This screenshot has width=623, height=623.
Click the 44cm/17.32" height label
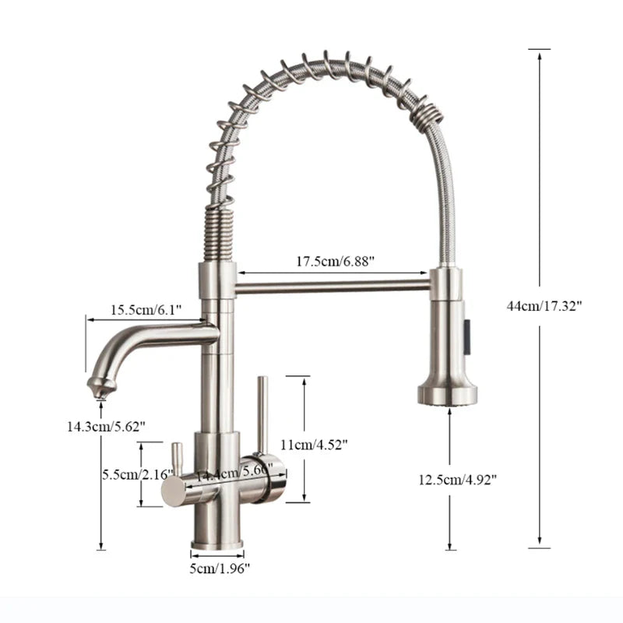(x=544, y=306)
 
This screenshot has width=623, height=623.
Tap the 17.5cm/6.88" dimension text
(x=335, y=262)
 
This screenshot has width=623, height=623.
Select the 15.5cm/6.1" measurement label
(x=146, y=310)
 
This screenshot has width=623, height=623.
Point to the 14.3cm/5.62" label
(x=105, y=425)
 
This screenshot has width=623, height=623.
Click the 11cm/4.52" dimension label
(x=314, y=445)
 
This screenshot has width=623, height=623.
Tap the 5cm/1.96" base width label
(x=220, y=568)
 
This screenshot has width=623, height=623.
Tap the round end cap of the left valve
(x=171, y=491)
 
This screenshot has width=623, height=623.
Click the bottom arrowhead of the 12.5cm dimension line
(x=450, y=547)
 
